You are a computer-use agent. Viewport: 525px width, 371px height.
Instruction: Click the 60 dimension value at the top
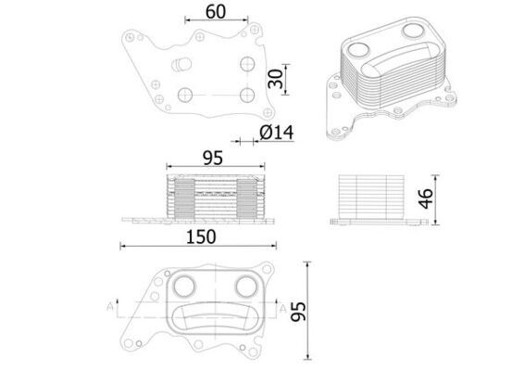point(215,12)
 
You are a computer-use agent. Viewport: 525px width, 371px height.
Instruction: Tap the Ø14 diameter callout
point(276,133)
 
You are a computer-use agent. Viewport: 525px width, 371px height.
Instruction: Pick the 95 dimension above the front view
point(213,159)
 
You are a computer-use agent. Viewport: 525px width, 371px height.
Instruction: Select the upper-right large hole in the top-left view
point(245,64)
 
